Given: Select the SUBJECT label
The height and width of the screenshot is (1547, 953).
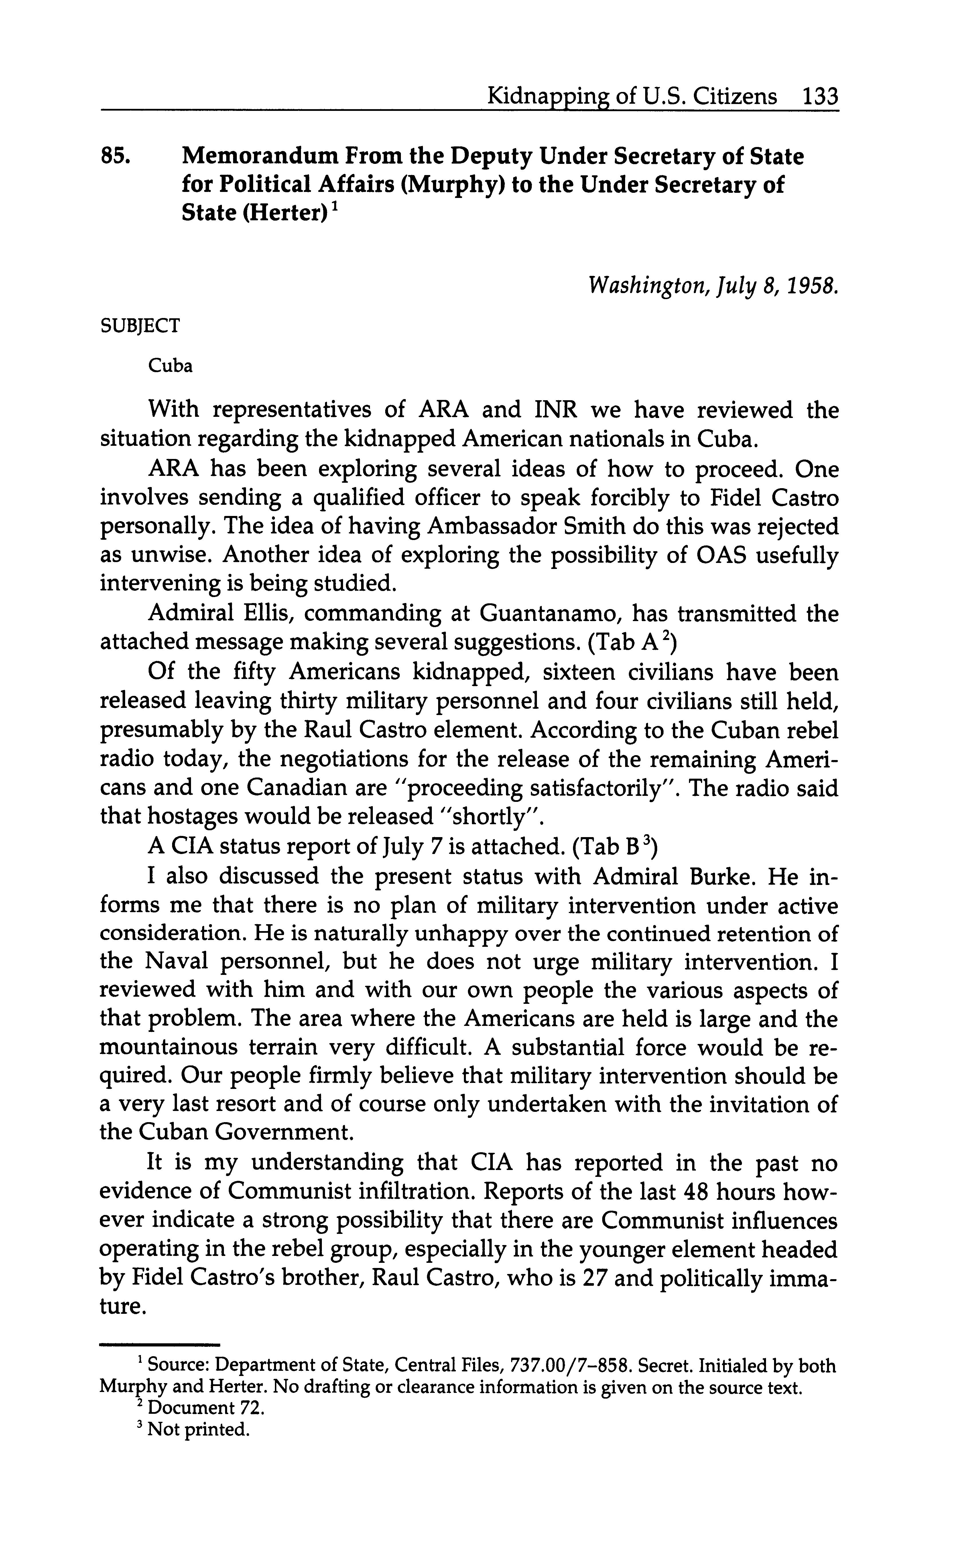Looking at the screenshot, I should (x=140, y=326).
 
